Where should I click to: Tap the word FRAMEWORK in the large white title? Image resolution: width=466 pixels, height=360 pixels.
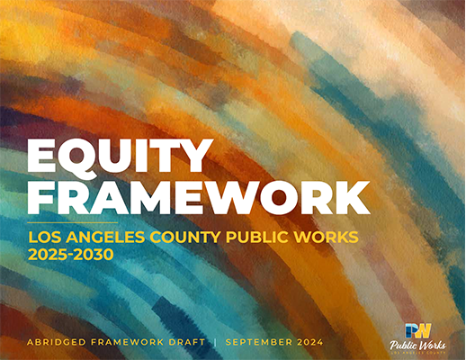click(x=199, y=197)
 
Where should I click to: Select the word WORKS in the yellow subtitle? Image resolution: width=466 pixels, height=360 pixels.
click(x=327, y=238)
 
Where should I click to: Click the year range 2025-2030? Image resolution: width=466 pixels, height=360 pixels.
click(x=71, y=255)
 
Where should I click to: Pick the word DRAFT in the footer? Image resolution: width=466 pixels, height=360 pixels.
click(x=187, y=342)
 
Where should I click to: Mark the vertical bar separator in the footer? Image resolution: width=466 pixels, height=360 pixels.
click(x=215, y=342)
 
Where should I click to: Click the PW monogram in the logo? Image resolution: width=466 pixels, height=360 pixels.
click(x=417, y=331)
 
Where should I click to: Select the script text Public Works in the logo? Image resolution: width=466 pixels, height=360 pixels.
click(x=417, y=346)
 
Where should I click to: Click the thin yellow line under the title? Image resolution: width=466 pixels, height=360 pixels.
click(x=73, y=223)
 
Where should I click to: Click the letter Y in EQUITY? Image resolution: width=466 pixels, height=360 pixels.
click(x=194, y=157)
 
